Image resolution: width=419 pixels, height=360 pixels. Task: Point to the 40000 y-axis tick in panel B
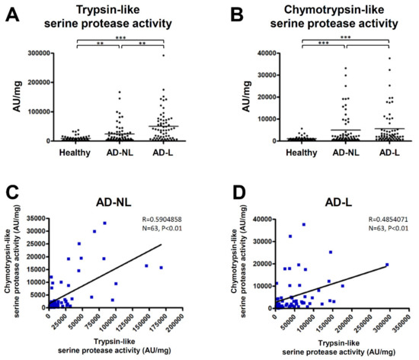(261, 53)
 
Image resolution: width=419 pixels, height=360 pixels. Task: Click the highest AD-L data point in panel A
(162, 55)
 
